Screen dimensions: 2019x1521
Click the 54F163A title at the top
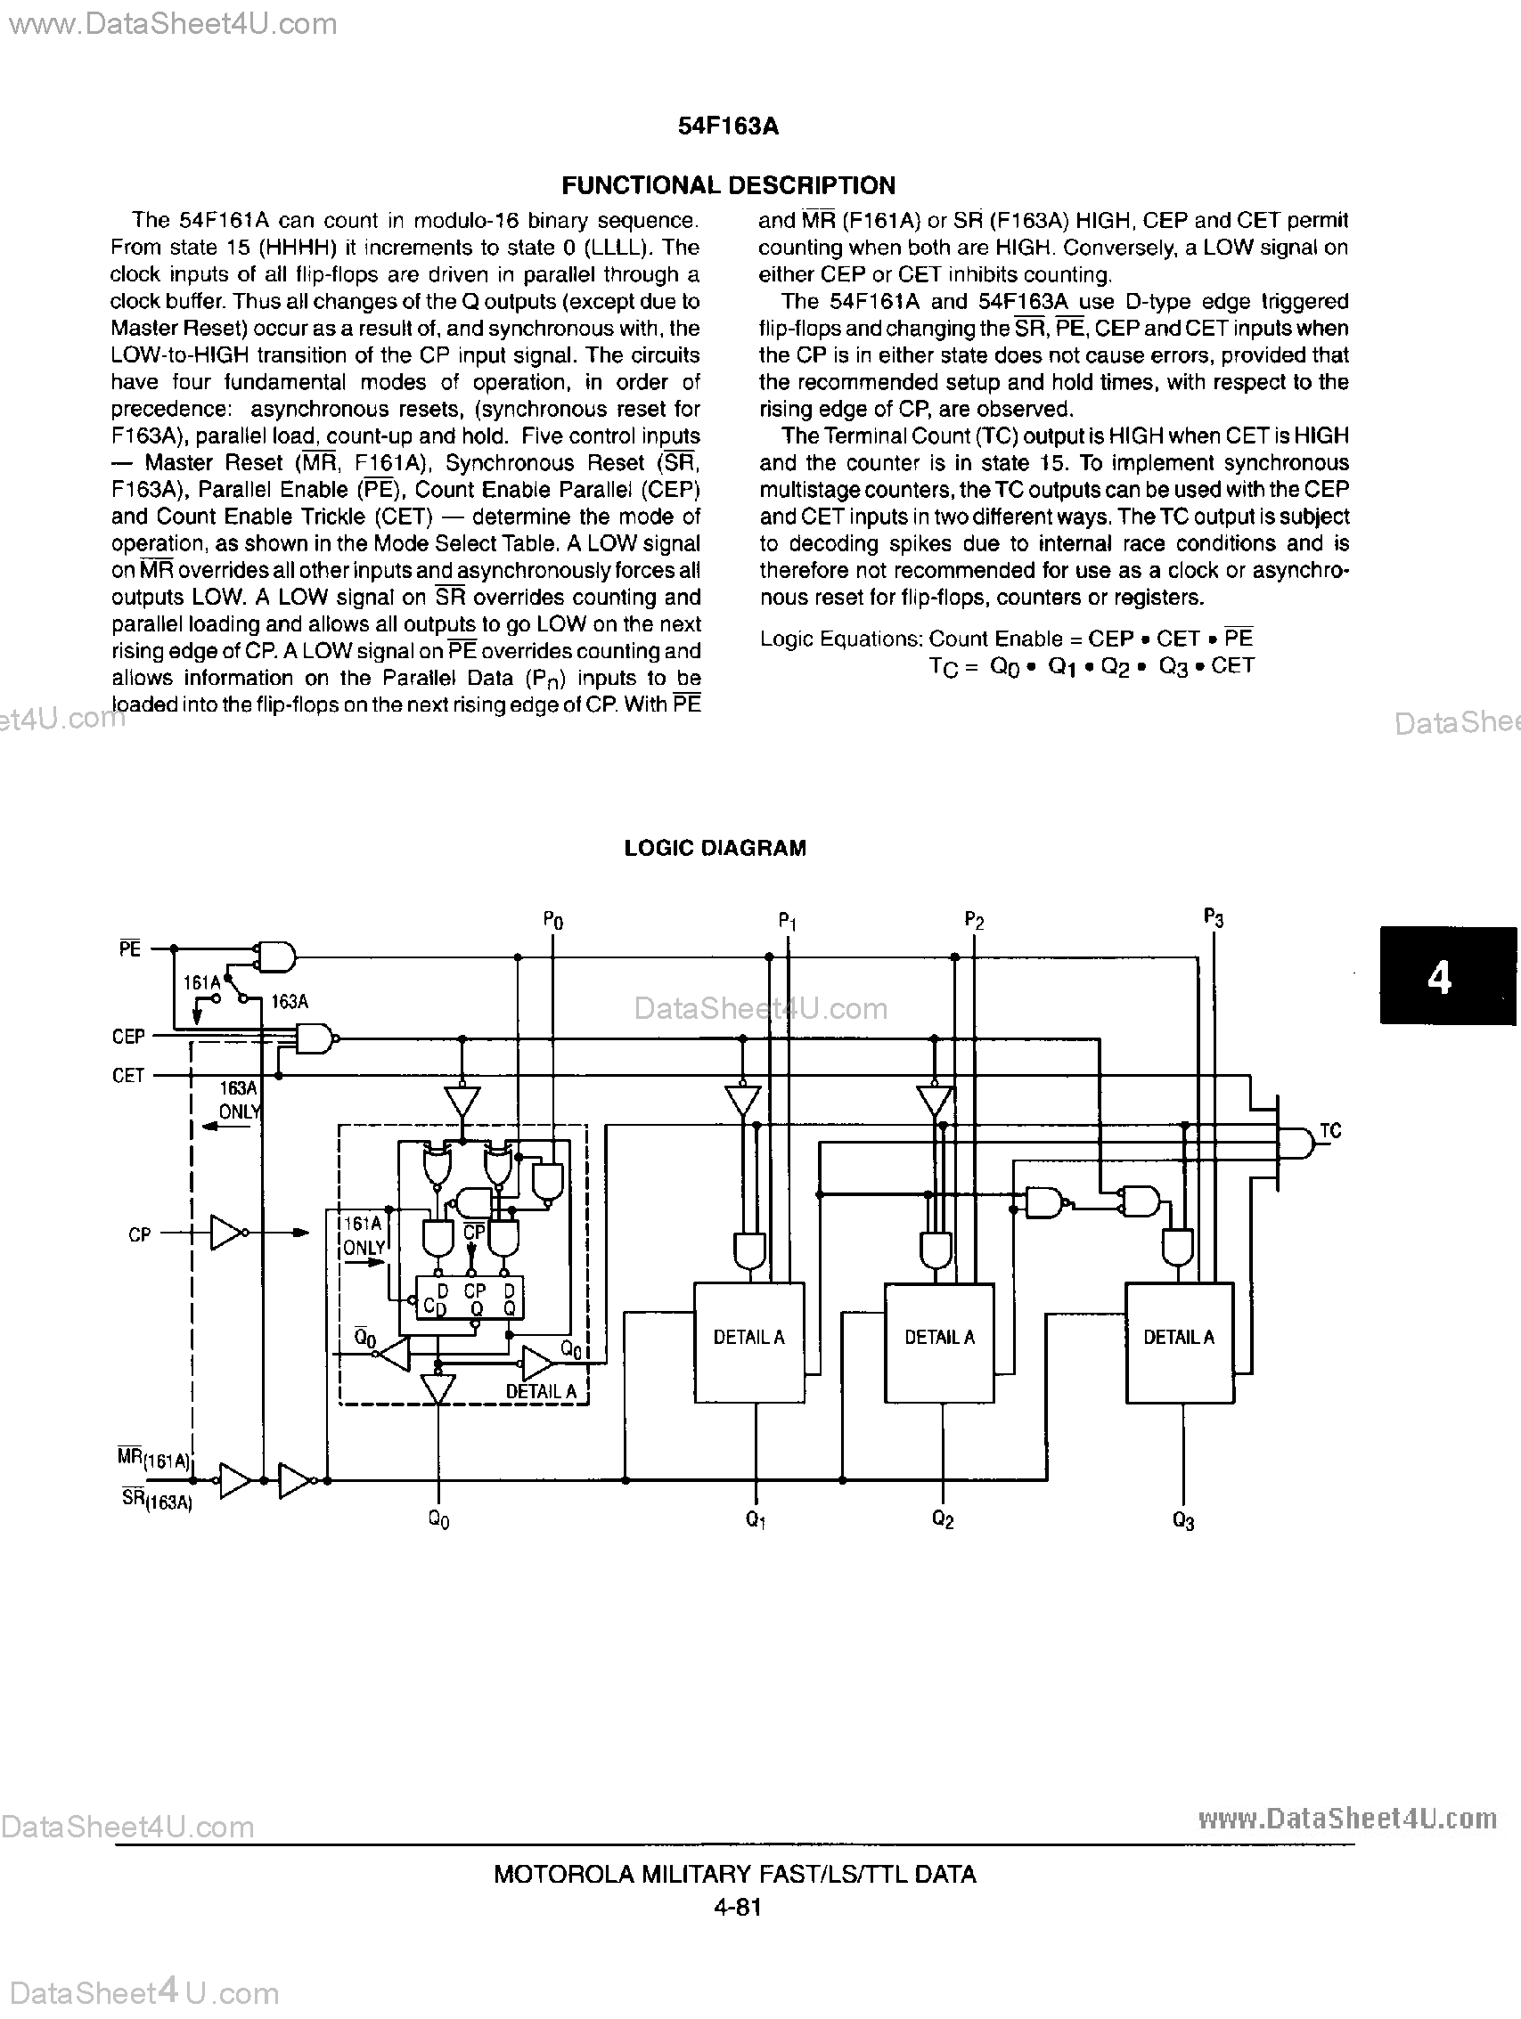728,126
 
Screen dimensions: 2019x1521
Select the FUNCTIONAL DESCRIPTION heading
728,185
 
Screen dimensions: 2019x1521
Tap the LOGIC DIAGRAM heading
715,848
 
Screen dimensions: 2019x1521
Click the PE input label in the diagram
129,949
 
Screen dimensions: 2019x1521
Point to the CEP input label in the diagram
127,1037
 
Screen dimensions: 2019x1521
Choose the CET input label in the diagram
127,1076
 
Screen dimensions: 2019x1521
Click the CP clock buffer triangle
227,1233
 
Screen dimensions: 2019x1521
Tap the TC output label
1330,1131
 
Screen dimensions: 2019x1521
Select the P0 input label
553,921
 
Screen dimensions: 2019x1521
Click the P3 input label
1214,917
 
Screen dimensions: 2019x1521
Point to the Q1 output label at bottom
755,1518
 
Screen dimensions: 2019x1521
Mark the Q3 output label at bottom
1183,1520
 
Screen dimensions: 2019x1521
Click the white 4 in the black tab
1439,978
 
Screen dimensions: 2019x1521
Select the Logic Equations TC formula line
1091,667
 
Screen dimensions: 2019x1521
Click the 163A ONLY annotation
240,1100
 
